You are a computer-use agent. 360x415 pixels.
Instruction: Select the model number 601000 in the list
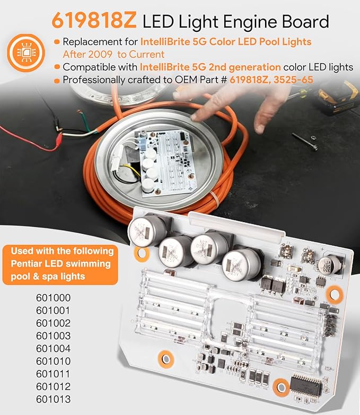tap(53, 297)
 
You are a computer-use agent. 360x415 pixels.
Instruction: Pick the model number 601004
tap(53, 348)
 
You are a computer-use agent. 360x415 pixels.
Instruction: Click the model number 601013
tap(53, 399)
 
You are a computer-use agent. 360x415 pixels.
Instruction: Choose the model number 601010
tap(53, 361)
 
